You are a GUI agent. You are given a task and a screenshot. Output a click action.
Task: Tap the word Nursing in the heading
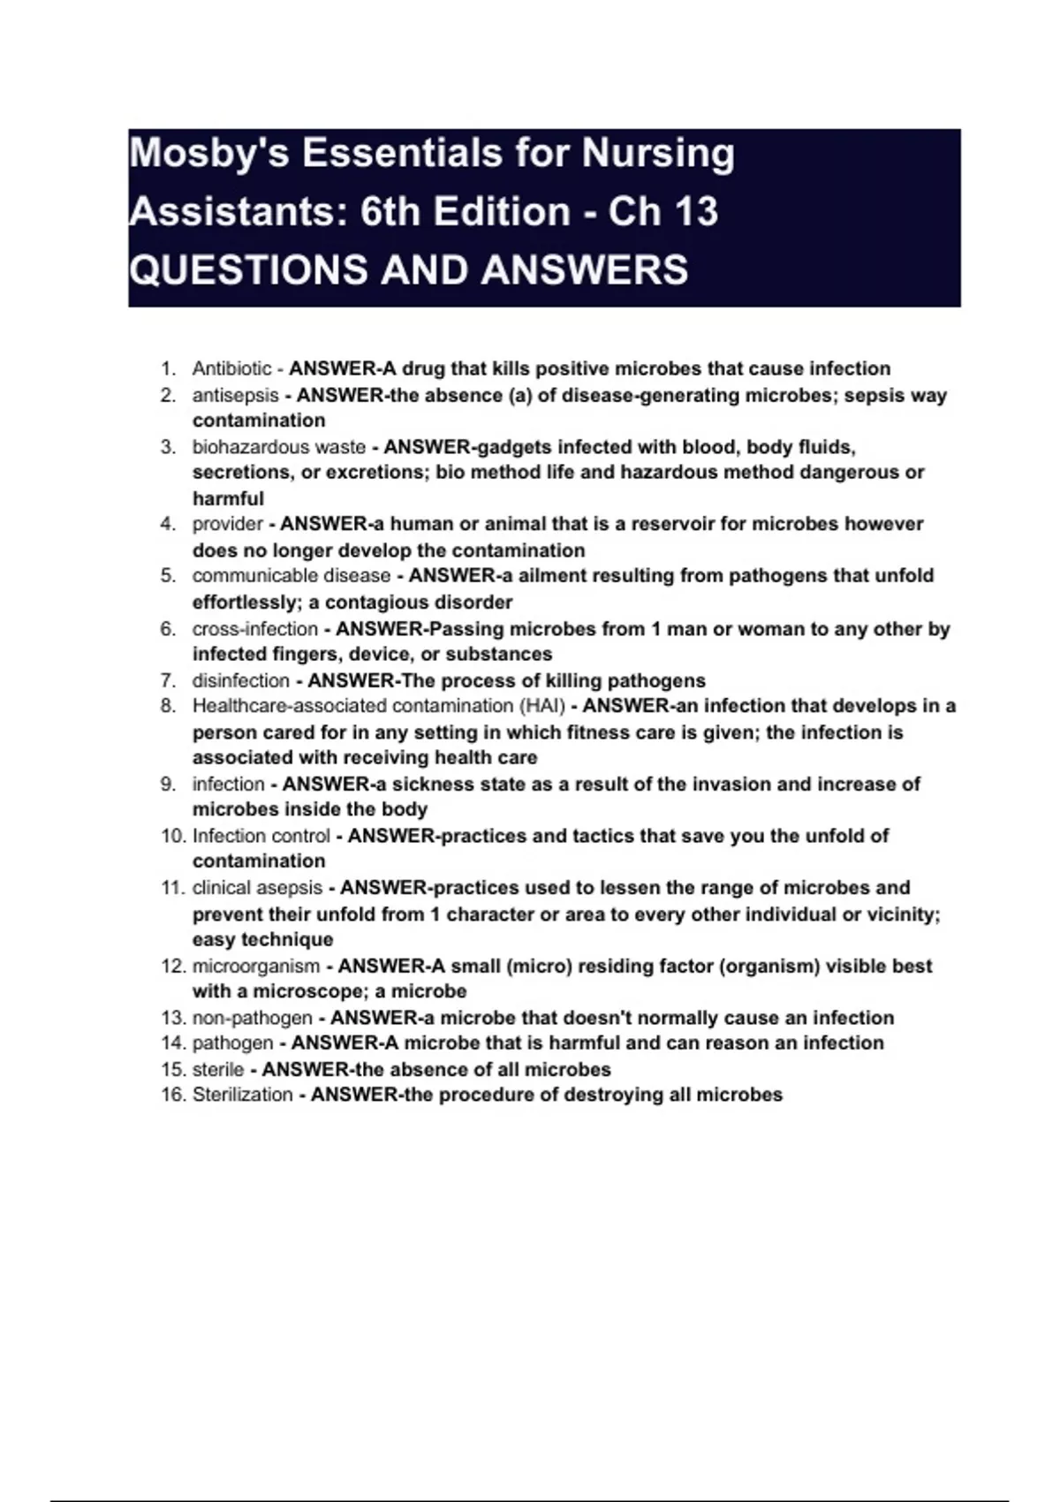point(657,154)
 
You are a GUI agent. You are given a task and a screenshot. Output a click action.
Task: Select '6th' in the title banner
point(389,212)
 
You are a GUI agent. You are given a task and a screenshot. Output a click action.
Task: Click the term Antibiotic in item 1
point(231,368)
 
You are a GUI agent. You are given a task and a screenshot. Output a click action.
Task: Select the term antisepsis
point(235,395)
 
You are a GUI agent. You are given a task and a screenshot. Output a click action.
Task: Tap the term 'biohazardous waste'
point(278,447)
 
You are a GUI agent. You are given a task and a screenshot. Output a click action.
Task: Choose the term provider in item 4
point(227,524)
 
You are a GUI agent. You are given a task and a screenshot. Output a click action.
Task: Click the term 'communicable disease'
point(291,576)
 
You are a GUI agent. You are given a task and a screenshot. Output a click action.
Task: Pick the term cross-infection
point(254,629)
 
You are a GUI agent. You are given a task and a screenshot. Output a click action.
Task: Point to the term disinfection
point(240,680)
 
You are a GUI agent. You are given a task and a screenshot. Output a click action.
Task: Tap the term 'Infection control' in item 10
point(261,836)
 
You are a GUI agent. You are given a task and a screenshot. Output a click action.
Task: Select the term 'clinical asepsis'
point(257,888)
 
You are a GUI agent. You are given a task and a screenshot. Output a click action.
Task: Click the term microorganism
point(255,966)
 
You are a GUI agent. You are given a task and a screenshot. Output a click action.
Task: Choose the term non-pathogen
point(252,1018)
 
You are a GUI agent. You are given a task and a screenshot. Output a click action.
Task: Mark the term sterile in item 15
point(217,1069)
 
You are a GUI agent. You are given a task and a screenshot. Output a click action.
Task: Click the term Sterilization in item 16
point(242,1095)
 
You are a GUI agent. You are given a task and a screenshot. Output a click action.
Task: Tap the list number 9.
point(168,784)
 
